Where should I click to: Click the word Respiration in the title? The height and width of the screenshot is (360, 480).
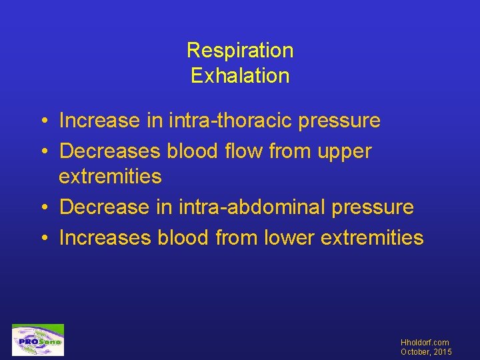coord(240,50)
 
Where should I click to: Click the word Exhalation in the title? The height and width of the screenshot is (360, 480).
coord(240,75)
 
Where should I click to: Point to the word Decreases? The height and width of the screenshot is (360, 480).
coord(110,151)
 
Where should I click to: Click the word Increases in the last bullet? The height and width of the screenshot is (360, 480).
coord(105,237)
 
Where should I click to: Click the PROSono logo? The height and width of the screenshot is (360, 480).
coord(38,341)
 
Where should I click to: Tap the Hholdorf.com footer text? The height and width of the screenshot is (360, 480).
coord(425,343)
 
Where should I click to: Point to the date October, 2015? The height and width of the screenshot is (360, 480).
coord(425,352)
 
